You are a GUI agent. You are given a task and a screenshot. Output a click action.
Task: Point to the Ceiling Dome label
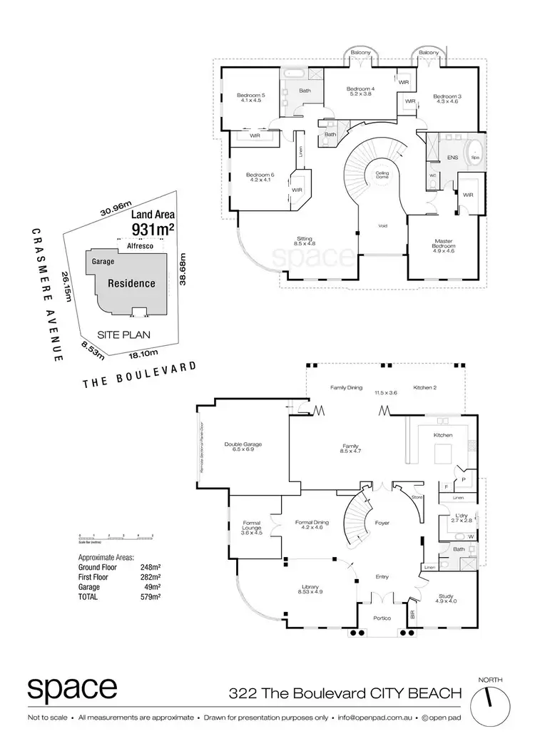[377, 175]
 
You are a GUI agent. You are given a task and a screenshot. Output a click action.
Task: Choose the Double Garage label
[243, 446]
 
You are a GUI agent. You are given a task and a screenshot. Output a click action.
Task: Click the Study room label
[449, 598]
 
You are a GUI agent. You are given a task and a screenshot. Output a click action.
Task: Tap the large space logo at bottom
[73, 689]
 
